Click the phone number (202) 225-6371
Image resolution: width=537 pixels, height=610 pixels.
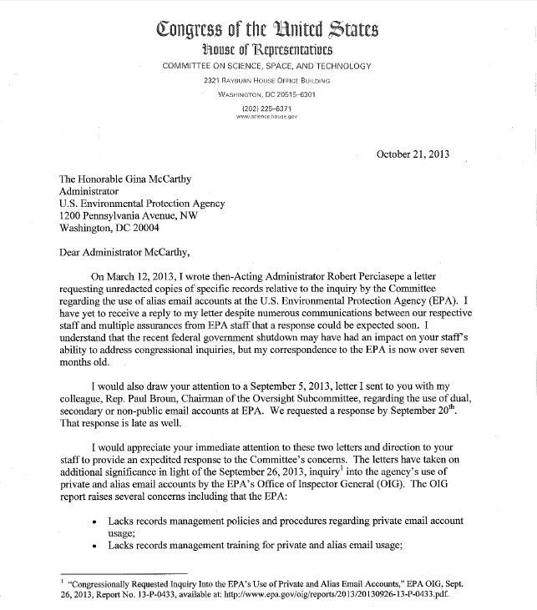267,108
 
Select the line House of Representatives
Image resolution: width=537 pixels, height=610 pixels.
267,50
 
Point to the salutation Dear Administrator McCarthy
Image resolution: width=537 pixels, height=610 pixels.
129,248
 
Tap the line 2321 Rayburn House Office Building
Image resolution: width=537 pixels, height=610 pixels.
267,80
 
